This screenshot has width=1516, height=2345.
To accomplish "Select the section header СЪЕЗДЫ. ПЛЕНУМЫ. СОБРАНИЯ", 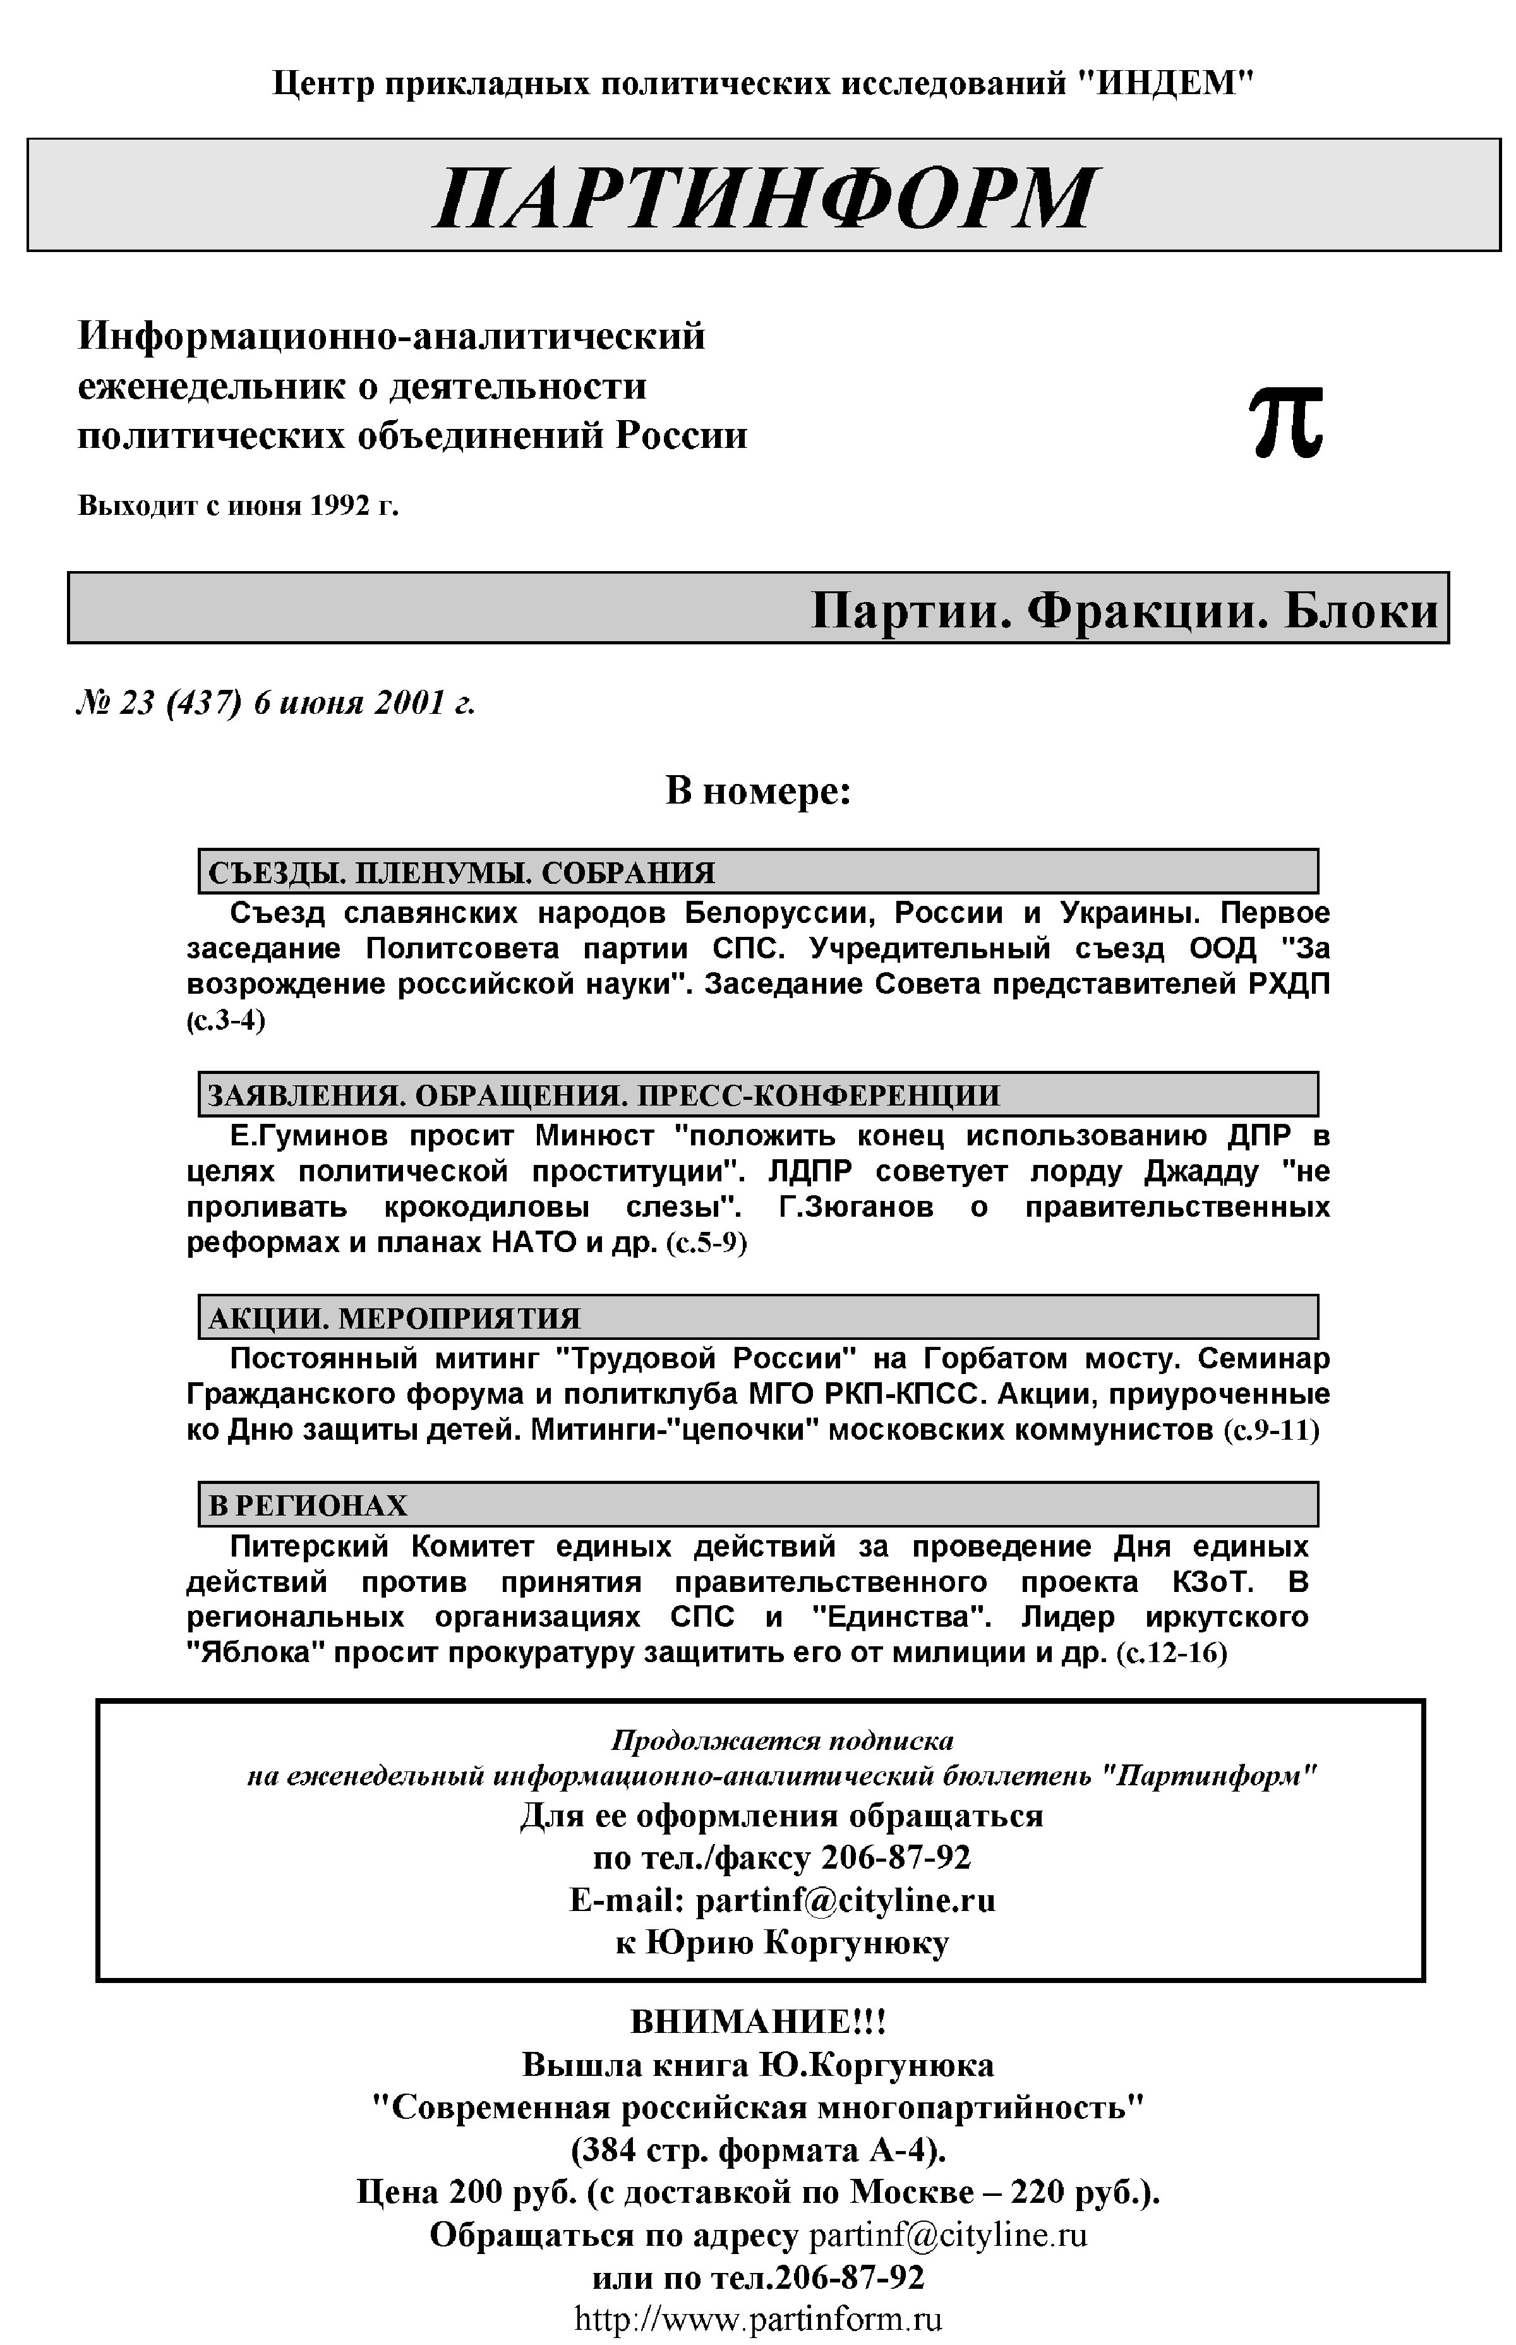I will pyautogui.click(x=462, y=872).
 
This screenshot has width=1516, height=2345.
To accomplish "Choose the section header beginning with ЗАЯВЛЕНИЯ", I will pyautogui.click(x=603, y=1095).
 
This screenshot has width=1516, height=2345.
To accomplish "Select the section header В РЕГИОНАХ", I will pyautogui.click(x=308, y=1505).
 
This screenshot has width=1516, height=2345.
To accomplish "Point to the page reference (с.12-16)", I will pyautogui.click(x=1172, y=1653).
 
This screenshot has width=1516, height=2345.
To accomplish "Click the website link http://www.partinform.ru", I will pyautogui.click(x=758, y=2318).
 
